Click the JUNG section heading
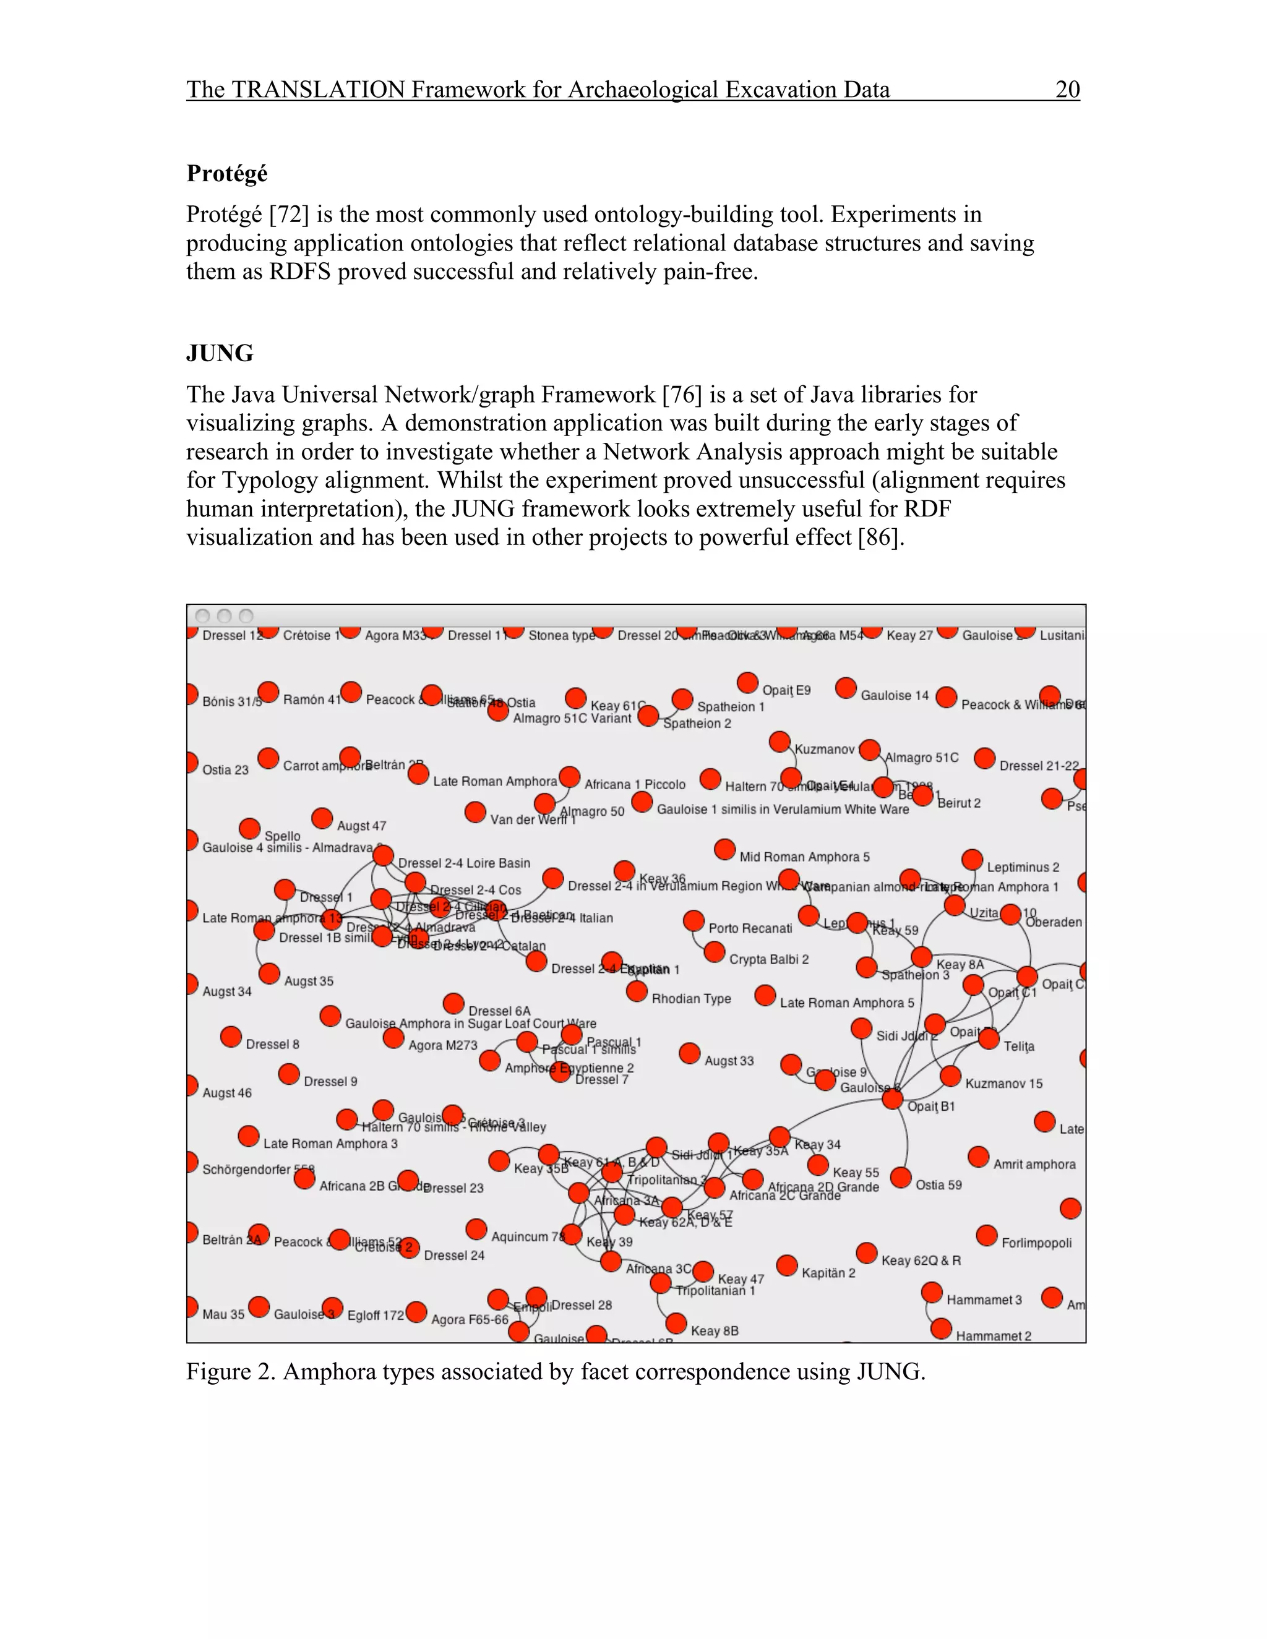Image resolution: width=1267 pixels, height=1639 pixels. click(219, 353)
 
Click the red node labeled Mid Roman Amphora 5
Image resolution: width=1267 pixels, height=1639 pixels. click(724, 850)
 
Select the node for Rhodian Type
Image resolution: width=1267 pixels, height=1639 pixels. click(637, 991)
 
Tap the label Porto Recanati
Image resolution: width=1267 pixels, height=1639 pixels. click(750, 928)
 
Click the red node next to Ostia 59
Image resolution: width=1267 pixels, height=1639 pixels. click(901, 1178)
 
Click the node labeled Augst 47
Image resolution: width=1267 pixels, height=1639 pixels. click(322, 818)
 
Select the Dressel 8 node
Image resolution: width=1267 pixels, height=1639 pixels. click(231, 1037)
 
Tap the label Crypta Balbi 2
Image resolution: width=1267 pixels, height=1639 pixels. click(768, 959)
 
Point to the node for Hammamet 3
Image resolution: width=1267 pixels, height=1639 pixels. click(932, 1292)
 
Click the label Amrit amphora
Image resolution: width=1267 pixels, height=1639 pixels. click(1034, 1164)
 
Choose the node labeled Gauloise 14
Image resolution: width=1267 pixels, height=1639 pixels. click(846, 688)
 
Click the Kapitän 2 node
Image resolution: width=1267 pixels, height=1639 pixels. click(787, 1265)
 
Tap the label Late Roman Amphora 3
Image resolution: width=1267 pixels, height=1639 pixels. click(330, 1144)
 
